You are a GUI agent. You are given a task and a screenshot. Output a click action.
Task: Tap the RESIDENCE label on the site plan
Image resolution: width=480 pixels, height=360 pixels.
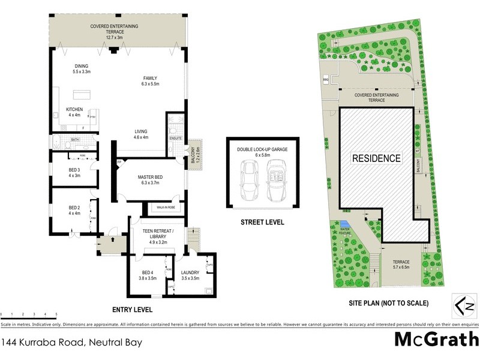click(376, 158)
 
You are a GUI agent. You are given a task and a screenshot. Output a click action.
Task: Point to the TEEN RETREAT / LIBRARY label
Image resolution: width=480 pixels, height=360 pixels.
click(158, 234)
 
